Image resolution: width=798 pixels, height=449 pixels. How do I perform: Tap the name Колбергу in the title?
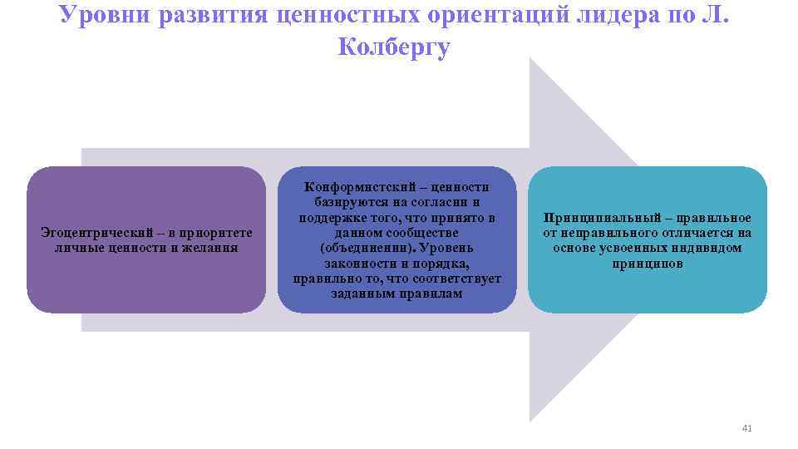click(395, 47)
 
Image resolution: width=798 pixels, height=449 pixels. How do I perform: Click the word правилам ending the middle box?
click(429, 294)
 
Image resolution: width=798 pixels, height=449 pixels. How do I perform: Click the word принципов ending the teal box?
click(647, 263)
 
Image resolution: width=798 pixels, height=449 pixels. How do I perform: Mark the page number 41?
click(746, 428)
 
